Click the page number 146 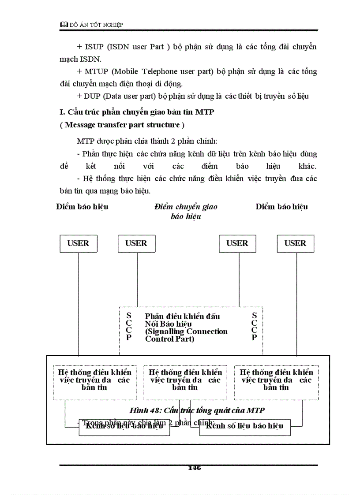tap(194, 468)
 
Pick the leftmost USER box tap(78, 243)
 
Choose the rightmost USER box tap(295, 243)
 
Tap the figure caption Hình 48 tap(196, 410)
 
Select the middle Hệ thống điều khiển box tap(185, 380)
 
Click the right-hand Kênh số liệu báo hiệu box tap(244, 426)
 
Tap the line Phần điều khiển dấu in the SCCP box tap(182, 316)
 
